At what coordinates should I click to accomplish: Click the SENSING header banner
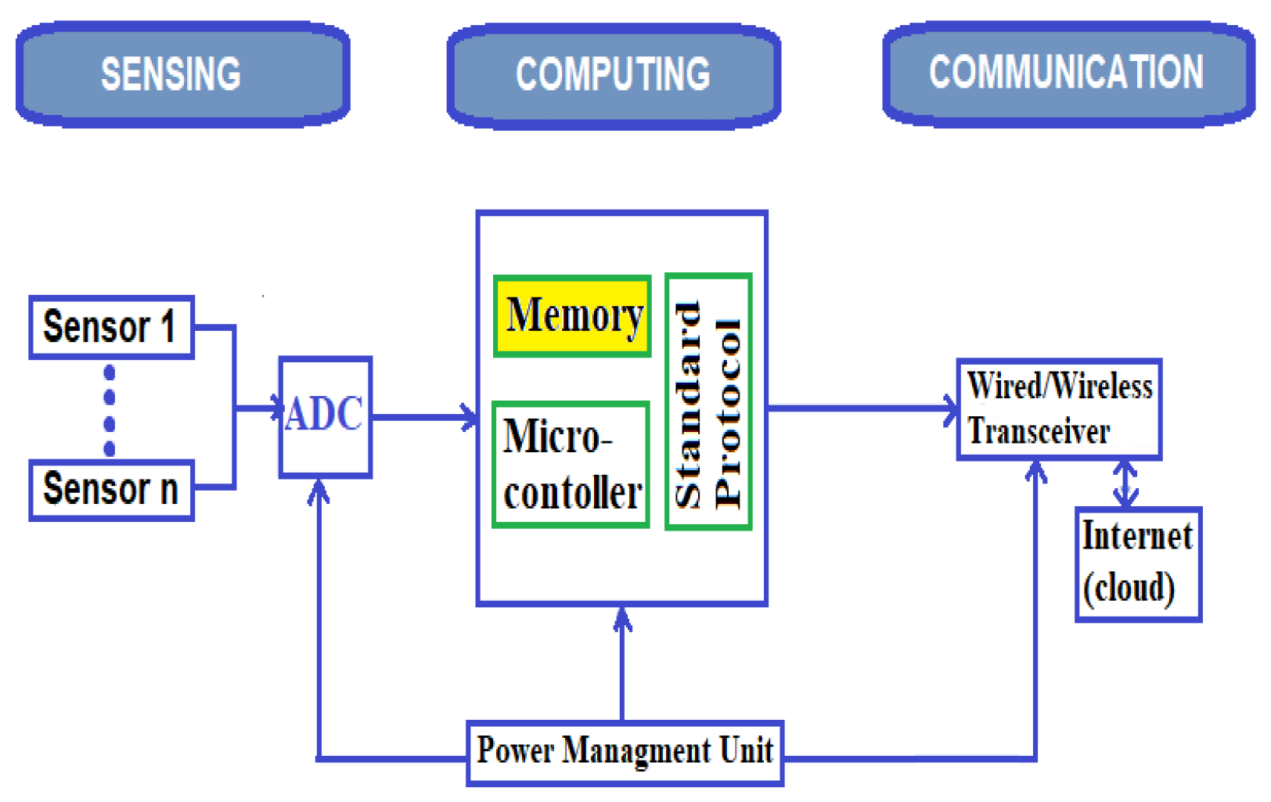coord(182,74)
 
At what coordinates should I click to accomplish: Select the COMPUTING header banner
coord(614,75)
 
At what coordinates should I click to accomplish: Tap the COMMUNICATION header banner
coord(1068,73)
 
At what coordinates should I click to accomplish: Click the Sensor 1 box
coord(111,327)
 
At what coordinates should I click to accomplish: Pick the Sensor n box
coord(111,490)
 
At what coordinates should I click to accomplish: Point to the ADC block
coord(325,415)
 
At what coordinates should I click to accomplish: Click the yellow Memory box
coord(572,315)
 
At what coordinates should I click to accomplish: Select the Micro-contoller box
coord(571,465)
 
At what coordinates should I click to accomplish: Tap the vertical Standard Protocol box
coord(708,402)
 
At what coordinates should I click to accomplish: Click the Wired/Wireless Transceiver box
coord(1059,409)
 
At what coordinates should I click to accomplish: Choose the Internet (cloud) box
coord(1137,563)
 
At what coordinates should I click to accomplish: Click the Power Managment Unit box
coord(624,752)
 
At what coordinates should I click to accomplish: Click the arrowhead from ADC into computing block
coord(470,417)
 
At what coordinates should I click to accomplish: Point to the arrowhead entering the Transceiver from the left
coord(950,408)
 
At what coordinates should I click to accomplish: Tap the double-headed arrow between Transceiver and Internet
coord(1125,483)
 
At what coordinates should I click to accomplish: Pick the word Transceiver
coord(1039,432)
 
